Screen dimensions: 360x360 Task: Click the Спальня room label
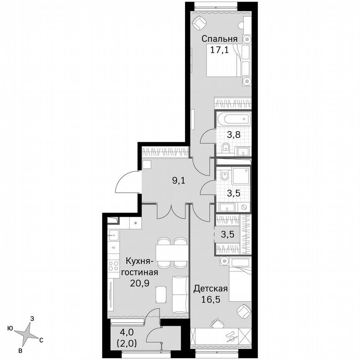(x=220, y=39)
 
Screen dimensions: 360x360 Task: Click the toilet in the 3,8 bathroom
(x=225, y=147)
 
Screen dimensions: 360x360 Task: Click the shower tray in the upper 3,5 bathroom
(x=240, y=177)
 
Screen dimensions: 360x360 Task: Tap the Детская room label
(x=210, y=288)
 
